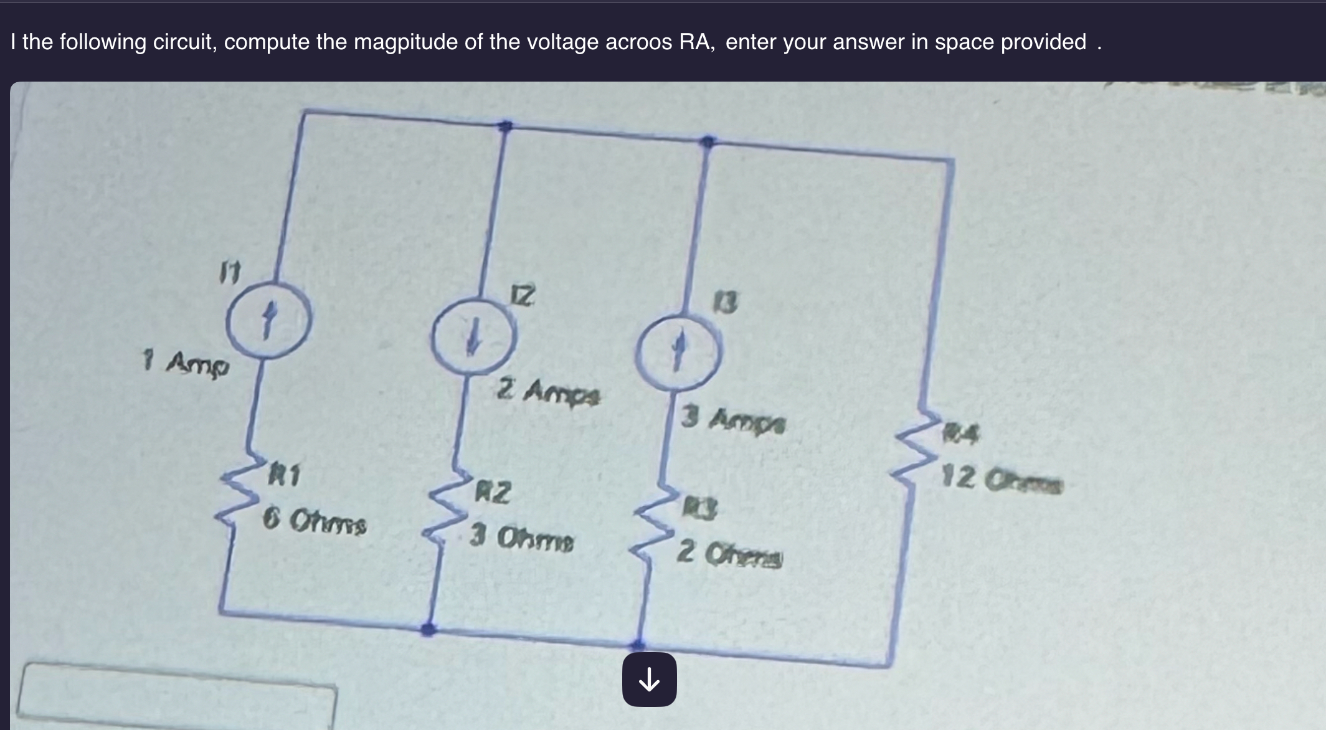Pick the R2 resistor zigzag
[445, 514]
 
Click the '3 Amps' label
[733, 420]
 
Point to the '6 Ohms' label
[314, 521]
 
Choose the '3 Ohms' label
[521, 539]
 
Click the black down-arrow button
[649, 680]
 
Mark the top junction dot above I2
[506, 126]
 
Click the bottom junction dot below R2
[427, 629]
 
